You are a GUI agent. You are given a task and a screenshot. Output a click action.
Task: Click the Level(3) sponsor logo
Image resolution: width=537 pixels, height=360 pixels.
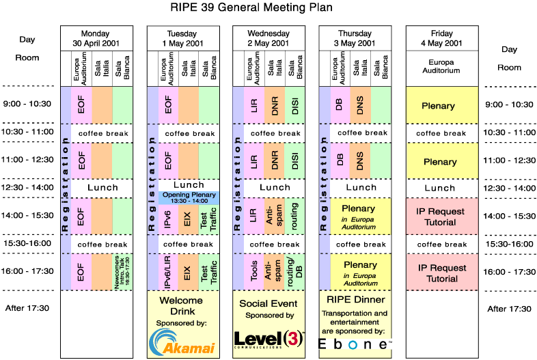tap(268, 340)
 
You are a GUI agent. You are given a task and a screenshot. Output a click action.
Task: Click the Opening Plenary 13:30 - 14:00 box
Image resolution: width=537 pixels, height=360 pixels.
tap(189, 197)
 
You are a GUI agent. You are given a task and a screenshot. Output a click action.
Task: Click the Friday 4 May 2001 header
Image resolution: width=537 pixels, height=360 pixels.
tap(442, 38)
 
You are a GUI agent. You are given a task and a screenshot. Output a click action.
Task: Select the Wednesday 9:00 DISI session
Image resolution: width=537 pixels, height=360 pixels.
tap(293, 105)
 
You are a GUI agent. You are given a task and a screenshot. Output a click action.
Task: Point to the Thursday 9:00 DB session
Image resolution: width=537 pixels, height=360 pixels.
tap(339, 105)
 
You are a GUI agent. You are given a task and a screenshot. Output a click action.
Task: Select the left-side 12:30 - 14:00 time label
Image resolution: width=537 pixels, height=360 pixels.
tap(29, 187)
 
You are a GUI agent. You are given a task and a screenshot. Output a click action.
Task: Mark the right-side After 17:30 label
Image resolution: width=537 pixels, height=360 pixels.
tap(509, 309)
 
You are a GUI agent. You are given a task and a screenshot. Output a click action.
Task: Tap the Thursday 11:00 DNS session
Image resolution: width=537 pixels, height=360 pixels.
tap(360, 161)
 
